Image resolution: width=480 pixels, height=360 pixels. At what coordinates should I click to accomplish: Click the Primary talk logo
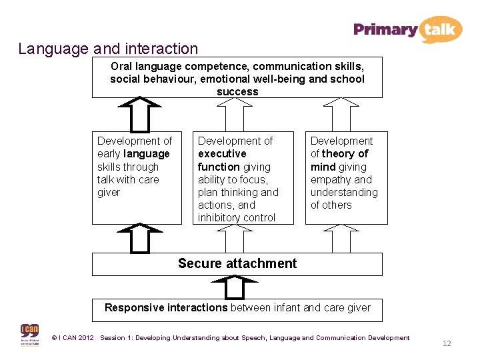point(407,29)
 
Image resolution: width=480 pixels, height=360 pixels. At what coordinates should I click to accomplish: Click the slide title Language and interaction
point(108,49)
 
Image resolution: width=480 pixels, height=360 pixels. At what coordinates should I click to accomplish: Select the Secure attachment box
point(237,264)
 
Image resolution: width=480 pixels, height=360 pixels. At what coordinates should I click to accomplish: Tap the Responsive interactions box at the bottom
point(237,309)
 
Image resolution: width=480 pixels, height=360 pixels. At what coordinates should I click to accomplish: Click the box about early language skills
point(137,177)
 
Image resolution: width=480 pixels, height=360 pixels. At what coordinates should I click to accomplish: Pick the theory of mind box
point(346,177)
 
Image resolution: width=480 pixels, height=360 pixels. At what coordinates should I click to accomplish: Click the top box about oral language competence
point(237,77)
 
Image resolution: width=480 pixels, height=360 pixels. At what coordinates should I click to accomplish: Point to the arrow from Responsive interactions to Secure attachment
point(237,287)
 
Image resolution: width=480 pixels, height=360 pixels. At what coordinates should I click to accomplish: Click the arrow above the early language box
point(140,114)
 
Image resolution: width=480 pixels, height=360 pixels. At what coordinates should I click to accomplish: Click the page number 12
point(447,343)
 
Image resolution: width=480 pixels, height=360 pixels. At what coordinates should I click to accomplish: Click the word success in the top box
point(237,92)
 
